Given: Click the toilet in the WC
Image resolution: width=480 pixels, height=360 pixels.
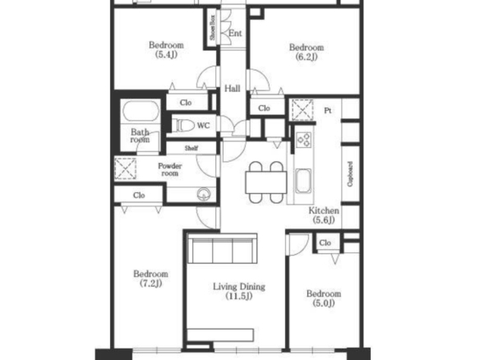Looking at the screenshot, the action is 183,126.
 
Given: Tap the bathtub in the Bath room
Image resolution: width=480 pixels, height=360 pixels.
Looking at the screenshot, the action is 141,111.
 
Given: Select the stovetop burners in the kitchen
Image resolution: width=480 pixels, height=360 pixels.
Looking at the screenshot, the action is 304,139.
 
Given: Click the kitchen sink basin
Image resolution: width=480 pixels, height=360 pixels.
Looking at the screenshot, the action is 303,181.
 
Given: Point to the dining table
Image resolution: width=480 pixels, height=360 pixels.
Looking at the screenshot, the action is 265,182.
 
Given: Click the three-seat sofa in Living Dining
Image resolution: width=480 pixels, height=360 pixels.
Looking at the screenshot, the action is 222,248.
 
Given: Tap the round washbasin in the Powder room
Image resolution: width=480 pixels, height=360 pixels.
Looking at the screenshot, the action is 204,195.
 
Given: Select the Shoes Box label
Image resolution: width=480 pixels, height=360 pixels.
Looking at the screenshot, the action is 212,27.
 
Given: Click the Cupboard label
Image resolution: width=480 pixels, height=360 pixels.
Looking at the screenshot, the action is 350,174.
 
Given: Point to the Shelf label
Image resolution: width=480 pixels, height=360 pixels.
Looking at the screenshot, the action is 192,148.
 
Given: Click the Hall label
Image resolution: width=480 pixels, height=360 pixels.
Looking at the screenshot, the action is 233,89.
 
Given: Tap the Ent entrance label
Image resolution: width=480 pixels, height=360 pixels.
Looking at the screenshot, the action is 235,33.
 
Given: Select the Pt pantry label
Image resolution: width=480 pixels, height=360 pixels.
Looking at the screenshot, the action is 328,110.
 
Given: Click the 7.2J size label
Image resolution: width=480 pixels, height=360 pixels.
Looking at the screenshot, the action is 150,284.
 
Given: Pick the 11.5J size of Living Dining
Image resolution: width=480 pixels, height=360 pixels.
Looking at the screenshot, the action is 239,296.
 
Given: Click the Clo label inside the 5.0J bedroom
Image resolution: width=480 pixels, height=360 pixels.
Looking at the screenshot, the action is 325,242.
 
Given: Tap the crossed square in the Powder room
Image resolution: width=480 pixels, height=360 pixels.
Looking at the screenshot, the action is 126,168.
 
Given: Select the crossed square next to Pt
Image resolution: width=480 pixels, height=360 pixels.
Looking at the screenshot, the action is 302,110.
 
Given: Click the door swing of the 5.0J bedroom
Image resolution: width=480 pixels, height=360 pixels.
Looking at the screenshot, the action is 298,245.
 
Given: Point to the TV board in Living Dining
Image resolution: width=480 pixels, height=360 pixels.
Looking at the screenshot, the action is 220,335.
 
